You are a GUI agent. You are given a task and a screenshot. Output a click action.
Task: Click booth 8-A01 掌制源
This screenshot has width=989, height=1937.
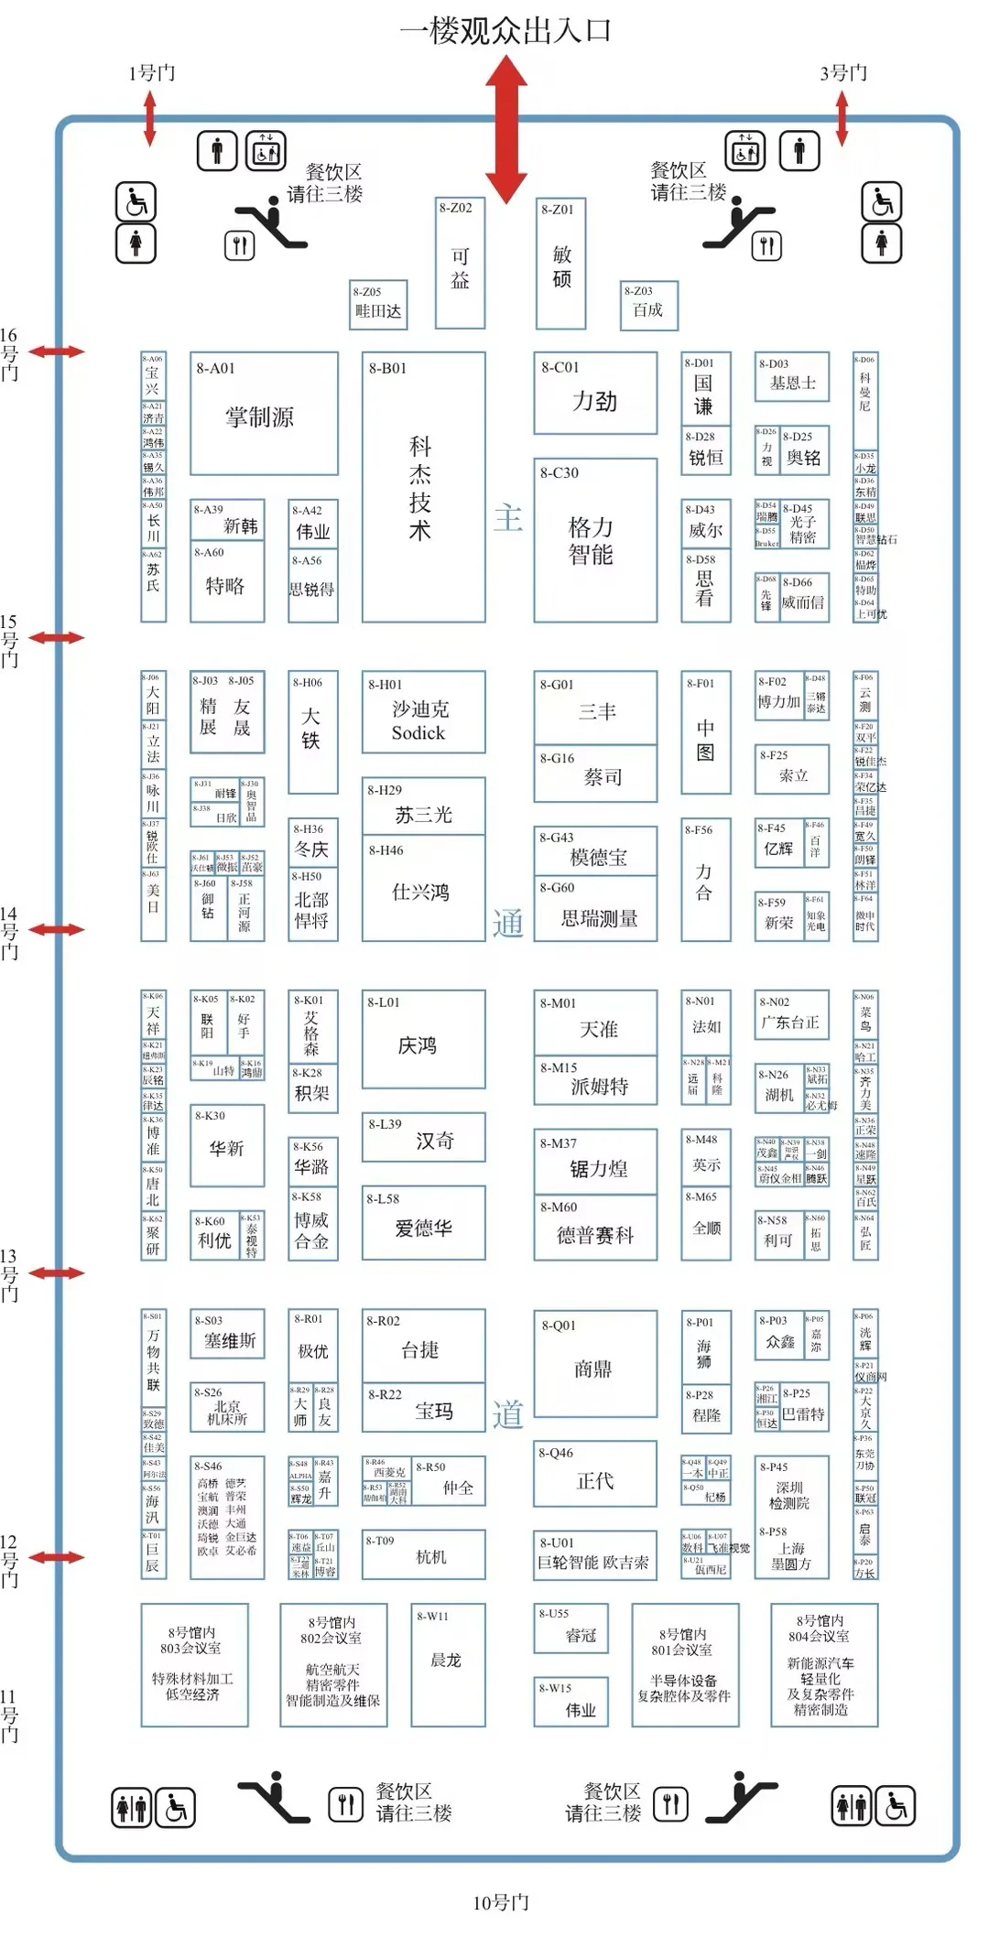pos(264,413)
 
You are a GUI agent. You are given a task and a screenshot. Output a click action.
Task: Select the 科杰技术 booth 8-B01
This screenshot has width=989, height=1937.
pos(423,487)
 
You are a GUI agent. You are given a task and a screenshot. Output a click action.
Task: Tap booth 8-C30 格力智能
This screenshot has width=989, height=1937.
pos(595,540)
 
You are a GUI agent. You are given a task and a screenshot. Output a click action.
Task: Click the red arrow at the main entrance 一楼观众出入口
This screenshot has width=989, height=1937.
pos(505,129)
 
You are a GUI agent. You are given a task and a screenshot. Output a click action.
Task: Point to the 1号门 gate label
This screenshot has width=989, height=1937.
pos(151,73)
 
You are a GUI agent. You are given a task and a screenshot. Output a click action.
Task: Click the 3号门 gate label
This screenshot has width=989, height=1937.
pos(842,73)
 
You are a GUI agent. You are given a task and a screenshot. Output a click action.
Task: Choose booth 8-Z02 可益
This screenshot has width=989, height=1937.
pos(460,263)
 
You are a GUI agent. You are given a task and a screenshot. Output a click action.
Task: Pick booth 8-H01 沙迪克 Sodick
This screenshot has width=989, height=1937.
pos(423,712)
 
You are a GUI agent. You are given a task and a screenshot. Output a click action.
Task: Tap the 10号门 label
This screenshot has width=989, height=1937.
pos(501,1902)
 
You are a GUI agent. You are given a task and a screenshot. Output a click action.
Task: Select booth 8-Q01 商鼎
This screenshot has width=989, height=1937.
pos(595,1364)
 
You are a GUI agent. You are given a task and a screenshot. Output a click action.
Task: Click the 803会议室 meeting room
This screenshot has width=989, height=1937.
pos(194,1664)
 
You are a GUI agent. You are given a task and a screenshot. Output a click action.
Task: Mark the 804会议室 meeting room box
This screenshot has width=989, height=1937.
pos(823,1664)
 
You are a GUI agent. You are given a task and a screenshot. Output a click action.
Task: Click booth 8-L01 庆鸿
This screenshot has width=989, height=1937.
pos(423,1039)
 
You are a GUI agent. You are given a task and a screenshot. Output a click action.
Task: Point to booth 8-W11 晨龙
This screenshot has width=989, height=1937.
pos(448,1664)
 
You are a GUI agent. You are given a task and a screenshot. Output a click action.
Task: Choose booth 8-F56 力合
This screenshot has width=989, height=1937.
pos(705,880)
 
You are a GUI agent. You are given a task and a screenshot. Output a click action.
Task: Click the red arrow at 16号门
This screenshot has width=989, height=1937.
pos(57,352)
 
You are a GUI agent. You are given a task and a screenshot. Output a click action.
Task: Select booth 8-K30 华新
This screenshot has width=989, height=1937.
pos(227,1145)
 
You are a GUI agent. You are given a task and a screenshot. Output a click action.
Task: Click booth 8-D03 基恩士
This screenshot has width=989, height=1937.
pos(792,376)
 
